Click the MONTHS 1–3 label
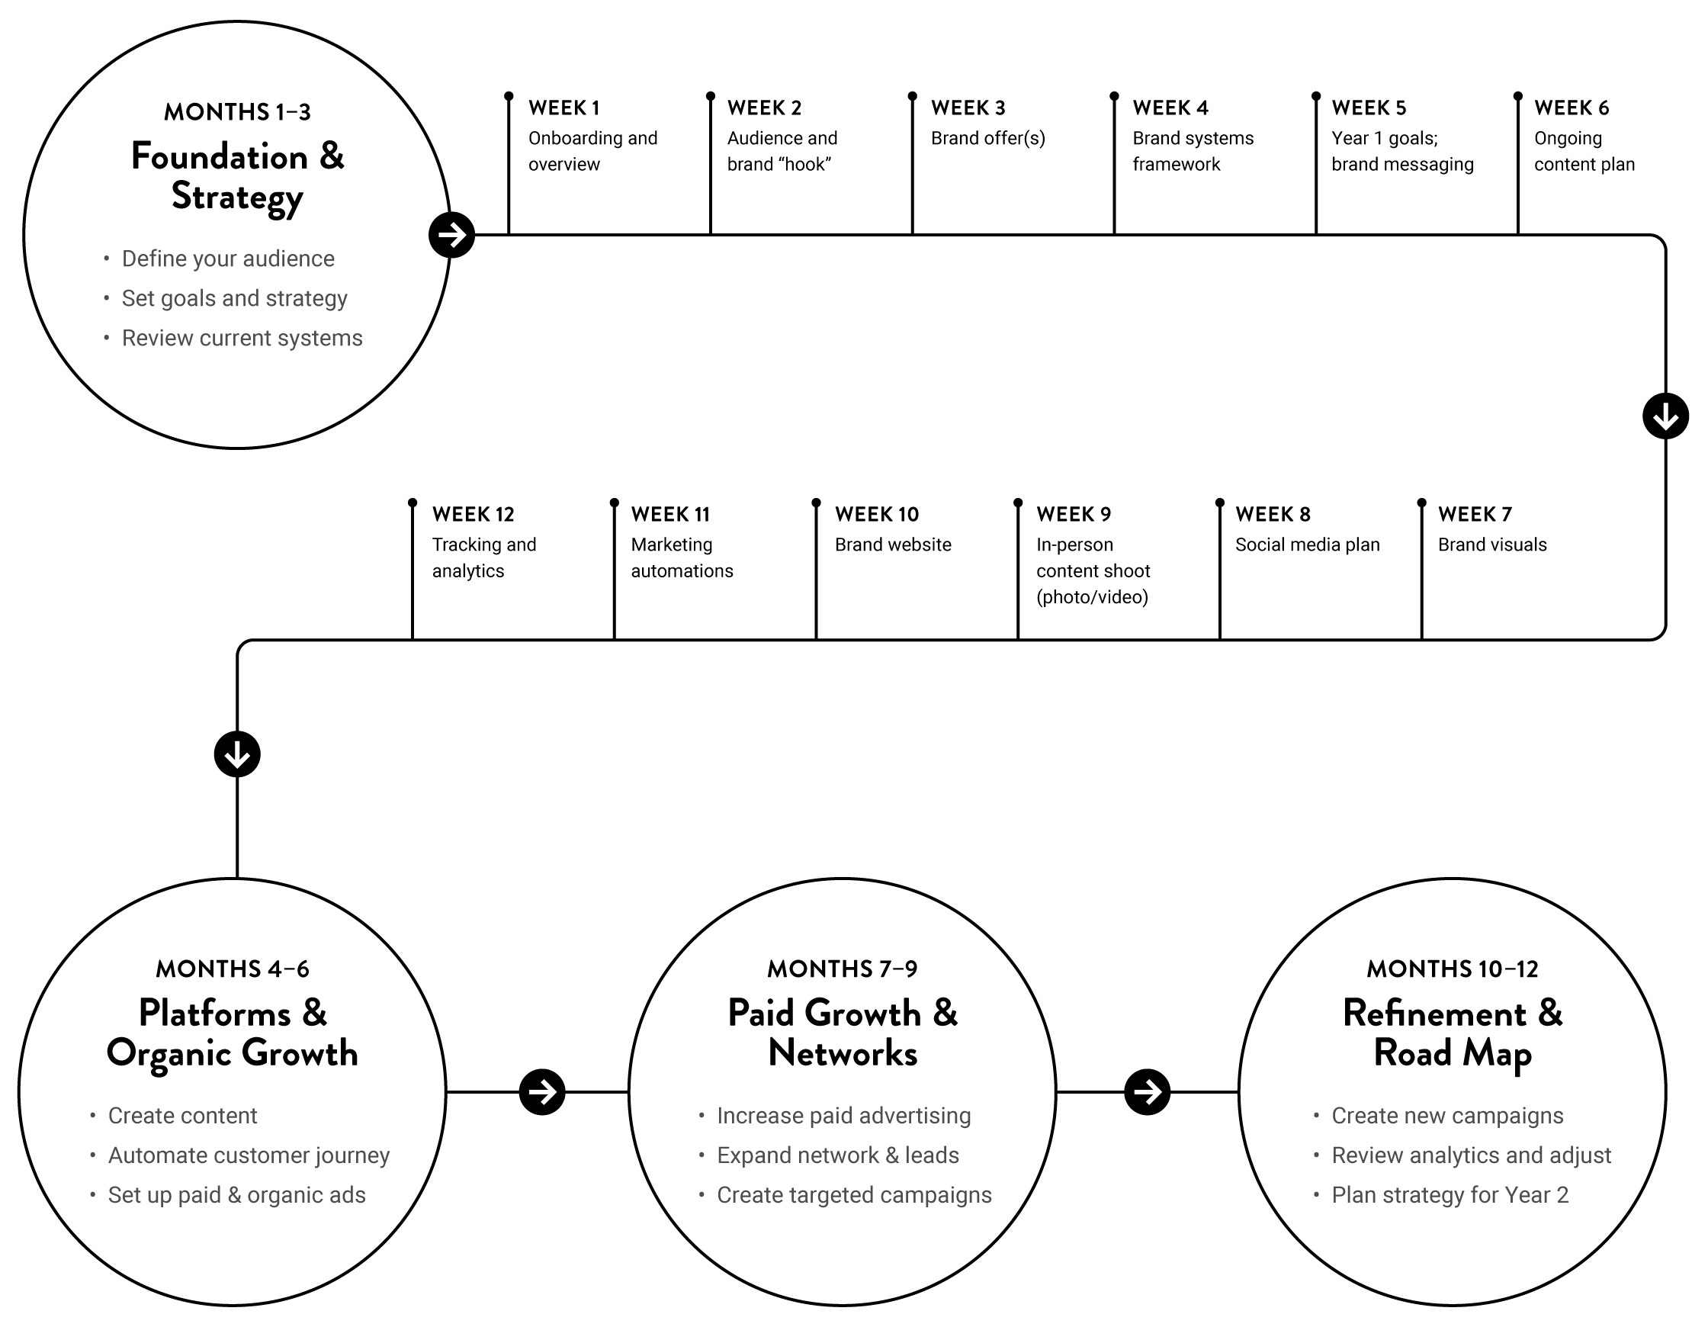click(x=237, y=113)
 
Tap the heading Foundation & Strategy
click(x=237, y=176)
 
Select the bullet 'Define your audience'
click(x=227, y=259)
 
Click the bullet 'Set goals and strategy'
click(x=234, y=299)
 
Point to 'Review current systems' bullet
click(x=242, y=339)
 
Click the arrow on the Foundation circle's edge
click(x=451, y=234)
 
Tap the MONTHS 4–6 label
click(x=233, y=969)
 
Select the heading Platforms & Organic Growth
click(x=233, y=1033)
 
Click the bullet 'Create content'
click(x=182, y=1116)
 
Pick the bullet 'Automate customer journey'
click(x=249, y=1155)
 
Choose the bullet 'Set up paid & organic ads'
click(x=236, y=1196)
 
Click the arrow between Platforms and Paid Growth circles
click(x=543, y=1092)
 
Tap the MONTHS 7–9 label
click(x=843, y=969)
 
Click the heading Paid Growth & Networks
click(x=843, y=1033)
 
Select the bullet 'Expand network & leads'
click(x=837, y=1155)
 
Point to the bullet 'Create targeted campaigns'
click(x=854, y=1196)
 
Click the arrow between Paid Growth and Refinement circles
click(x=1148, y=1092)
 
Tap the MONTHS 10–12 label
click(x=1453, y=969)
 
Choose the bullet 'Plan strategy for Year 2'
click(x=1450, y=1196)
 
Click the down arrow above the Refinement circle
click(x=1666, y=416)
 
